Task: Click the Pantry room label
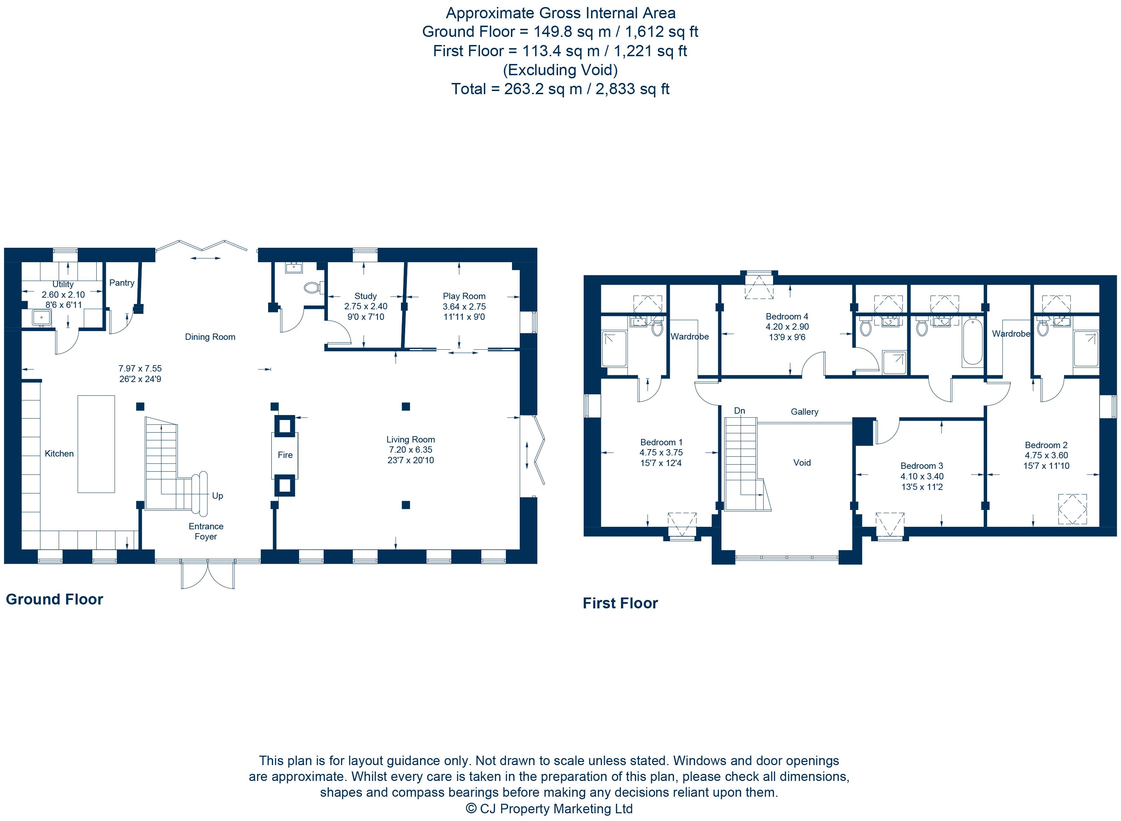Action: [x=122, y=283]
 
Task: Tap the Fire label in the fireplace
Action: [x=285, y=455]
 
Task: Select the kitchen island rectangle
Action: [x=96, y=444]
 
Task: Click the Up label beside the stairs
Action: [x=217, y=496]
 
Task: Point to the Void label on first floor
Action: [x=802, y=463]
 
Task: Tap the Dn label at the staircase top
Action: [x=739, y=410]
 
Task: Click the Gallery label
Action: [x=804, y=412]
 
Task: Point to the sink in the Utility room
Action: [x=42, y=317]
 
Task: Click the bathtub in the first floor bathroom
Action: [x=972, y=342]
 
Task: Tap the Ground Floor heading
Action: [x=54, y=599]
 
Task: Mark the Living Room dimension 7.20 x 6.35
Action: [x=410, y=450]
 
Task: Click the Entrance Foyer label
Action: [x=206, y=531]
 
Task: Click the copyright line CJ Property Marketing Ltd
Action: [x=549, y=809]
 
